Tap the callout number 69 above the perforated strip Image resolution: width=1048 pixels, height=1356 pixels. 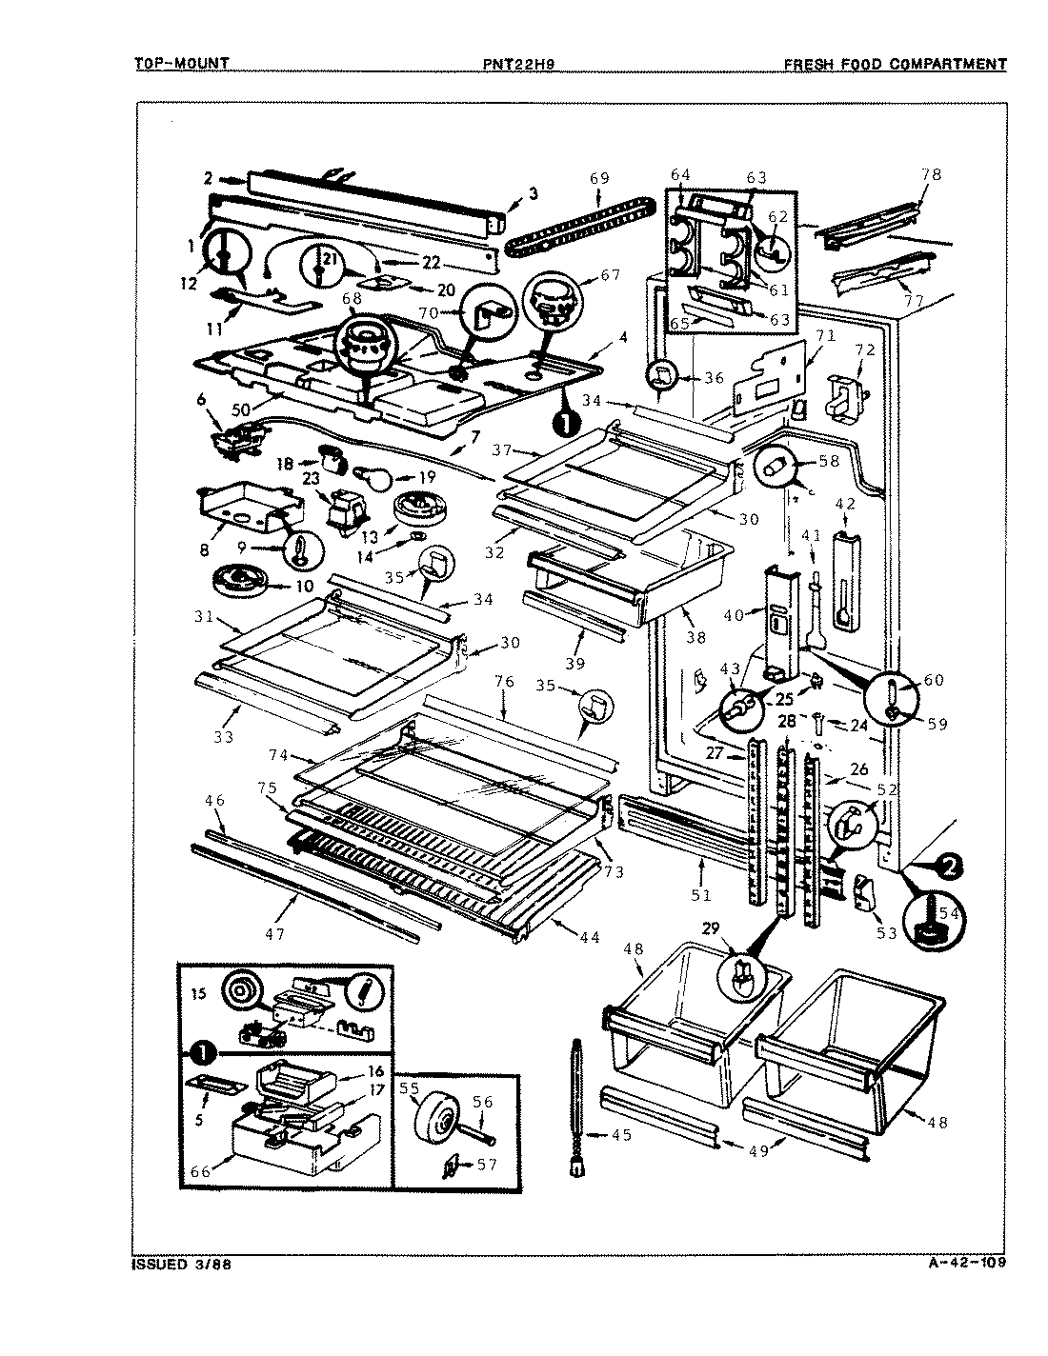(x=599, y=178)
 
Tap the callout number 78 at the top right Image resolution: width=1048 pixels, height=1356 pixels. (x=931, y=174)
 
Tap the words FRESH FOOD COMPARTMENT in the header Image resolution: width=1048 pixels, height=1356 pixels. (x=895, y=65)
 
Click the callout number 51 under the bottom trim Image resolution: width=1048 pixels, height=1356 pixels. (x=701, y=894)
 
